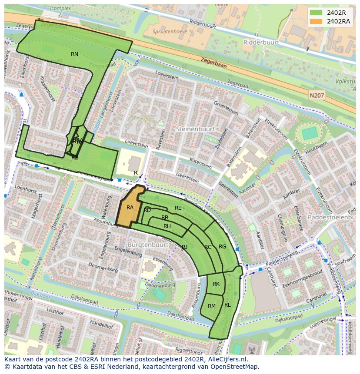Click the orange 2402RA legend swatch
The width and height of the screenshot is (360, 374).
pos(316,21)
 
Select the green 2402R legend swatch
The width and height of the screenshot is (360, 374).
pos(316,13)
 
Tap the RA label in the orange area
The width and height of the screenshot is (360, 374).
pos(130,208)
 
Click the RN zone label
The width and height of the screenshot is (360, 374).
pos(74,54)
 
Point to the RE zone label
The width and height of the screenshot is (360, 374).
pos(178,208)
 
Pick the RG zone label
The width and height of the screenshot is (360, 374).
pos(222,247)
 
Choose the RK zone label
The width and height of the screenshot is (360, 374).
pos(216,284)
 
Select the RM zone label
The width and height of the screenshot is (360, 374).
pos(211,306)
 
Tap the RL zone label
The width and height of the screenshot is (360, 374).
pos(227,305)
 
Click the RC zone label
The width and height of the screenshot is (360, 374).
pos(208,247)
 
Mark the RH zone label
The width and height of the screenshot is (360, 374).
pos(167,226)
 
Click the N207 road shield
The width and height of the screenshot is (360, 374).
pos(317,95)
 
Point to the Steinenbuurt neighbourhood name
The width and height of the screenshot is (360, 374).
pos(195,129)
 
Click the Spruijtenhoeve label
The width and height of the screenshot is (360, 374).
pos(170,31)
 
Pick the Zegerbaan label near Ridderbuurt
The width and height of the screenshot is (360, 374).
pos(213,63)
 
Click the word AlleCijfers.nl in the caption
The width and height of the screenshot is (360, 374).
pos(227,359)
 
